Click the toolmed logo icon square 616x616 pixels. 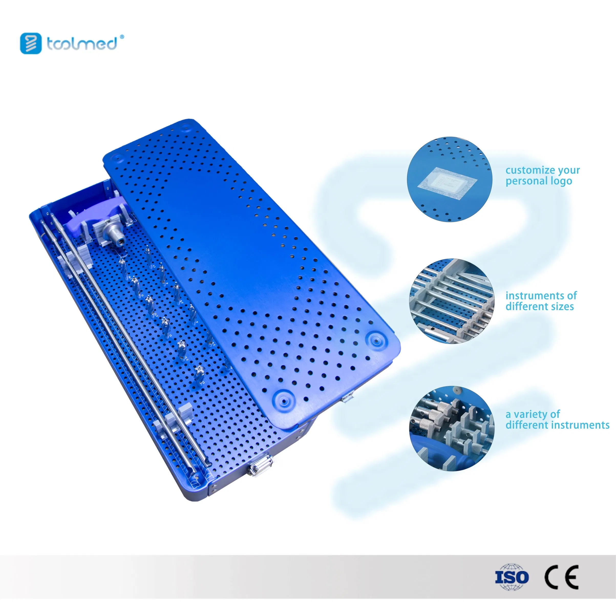(x=31, y=43)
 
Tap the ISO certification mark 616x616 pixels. (x=512, y=577)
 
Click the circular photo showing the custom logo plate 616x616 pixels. (x=450, y=179)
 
